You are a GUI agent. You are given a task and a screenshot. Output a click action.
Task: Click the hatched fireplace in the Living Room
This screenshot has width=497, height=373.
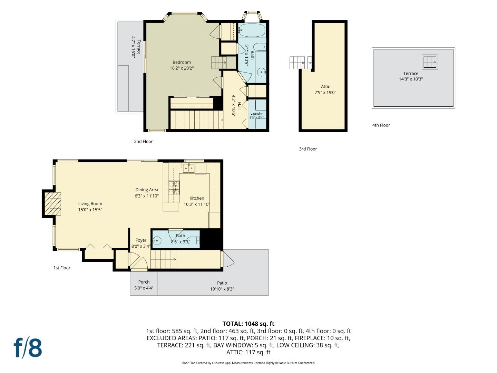pos(52,204)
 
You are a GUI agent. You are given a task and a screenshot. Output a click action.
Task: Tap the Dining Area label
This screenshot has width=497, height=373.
pos(146,190)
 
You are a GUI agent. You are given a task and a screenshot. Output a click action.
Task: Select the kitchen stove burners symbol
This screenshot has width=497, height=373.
pos(174,188)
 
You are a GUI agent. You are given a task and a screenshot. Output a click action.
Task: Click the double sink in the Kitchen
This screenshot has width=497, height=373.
pos(188,168)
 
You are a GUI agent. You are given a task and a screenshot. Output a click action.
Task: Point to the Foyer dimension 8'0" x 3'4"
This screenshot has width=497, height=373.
pos(141,246)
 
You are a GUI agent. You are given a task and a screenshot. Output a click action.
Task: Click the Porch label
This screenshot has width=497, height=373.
pos(144,282)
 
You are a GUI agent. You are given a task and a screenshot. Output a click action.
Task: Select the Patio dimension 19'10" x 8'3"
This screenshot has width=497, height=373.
pos(222,289)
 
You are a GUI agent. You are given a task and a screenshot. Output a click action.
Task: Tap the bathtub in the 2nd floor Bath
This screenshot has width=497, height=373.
pos(252,30)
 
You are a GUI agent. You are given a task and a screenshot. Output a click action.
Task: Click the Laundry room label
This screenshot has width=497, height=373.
pos(256,114)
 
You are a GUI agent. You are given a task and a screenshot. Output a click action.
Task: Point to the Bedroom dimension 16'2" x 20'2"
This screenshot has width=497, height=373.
pos(182,68)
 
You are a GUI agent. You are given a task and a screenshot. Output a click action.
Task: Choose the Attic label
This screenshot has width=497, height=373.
pos(325,86)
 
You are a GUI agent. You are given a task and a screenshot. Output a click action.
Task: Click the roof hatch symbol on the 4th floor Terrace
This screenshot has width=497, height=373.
pos(430,62)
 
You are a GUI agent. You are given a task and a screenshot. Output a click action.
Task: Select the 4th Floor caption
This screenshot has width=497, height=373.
pos(381,125)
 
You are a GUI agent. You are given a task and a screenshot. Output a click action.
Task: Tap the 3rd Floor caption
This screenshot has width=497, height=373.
pos(308,149)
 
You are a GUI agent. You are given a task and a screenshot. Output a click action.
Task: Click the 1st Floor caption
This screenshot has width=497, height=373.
pos(62,268)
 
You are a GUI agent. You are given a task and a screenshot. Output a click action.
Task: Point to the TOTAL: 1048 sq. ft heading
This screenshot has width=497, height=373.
pos(248,324)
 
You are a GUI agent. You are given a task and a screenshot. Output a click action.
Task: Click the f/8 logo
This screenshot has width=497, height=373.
pos(28,348)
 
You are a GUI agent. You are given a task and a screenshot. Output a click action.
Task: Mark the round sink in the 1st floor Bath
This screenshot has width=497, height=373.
pos(157,240)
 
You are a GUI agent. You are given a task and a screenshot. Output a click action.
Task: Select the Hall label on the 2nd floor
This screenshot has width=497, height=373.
pos(239,106)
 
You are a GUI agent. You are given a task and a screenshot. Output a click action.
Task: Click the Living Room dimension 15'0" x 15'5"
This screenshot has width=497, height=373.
pos(90,210)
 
